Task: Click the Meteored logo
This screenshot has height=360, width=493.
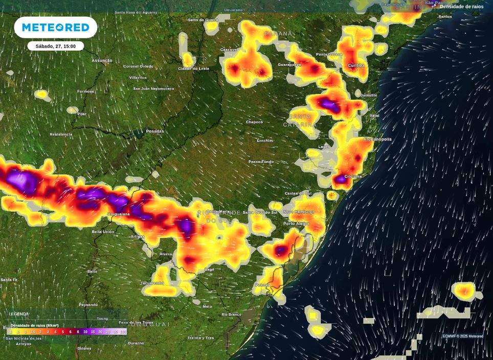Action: click(55, 27)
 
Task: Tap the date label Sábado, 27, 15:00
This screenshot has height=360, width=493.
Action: click(55, 46)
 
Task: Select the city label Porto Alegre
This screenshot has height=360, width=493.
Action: click(296, 223)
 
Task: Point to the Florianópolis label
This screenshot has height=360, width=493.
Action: click(377, 139)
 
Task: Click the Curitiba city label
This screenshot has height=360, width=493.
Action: click(356, 66)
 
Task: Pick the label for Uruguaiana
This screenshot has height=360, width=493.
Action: click(119, 214)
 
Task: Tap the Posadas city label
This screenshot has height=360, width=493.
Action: click(155, 131)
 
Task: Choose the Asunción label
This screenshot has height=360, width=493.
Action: click(102, 61)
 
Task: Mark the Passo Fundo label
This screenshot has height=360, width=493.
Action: click(261, 162)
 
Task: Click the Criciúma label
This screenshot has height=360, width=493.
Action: click(353, 176)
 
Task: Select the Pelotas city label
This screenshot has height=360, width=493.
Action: click(262, 285)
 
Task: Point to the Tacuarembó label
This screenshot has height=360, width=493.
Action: click(152, 283)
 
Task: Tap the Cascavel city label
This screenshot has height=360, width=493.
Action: click(229, 50)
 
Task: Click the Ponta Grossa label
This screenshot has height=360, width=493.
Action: click(329, 54)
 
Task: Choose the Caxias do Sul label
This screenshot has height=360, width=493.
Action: click(298, 193)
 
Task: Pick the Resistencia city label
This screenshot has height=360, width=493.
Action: click(61, 134)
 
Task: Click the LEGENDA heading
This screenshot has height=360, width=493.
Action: click(19, 314)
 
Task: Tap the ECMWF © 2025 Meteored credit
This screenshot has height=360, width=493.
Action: click(462, 336)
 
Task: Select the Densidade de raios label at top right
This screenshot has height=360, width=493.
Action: click(461, 7)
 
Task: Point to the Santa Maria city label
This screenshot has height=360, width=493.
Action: click(218, 211)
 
